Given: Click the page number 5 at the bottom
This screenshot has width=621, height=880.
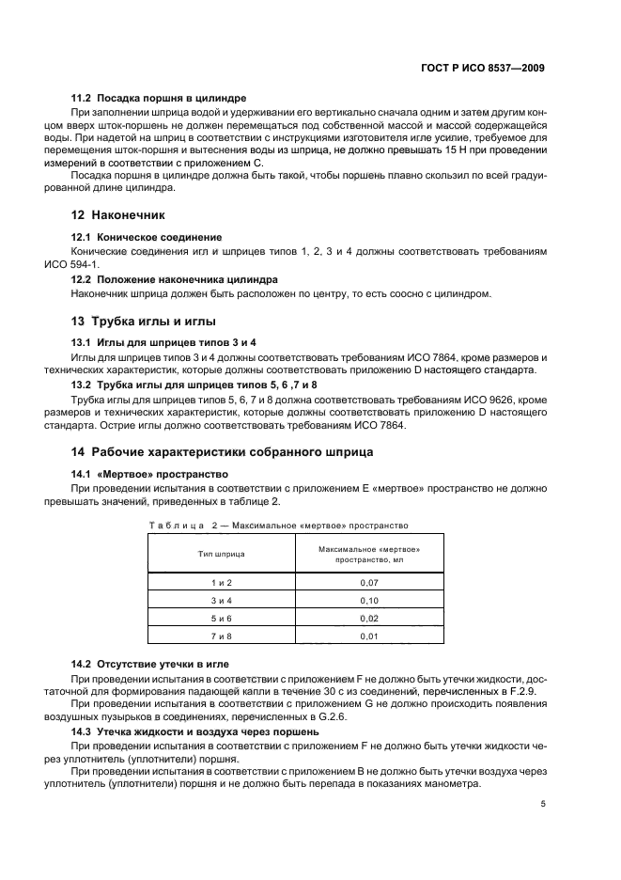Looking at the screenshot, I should click(x=543, y=804).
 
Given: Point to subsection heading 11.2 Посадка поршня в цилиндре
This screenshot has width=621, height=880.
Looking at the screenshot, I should click(x=159, y=98).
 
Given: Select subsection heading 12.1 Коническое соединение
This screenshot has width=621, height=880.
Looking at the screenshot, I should click(x=147, y=237).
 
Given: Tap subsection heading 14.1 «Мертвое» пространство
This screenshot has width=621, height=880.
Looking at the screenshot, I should click(x=150, y=473).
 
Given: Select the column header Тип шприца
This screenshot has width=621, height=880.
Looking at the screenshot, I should click(x=221, y=554).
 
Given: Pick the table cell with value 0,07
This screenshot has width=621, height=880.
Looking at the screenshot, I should click(x=368, y=583).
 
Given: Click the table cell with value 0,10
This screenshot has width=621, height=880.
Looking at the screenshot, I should click(x=368, y=601).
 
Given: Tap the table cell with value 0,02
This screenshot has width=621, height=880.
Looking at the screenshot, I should click(x=368, y=619).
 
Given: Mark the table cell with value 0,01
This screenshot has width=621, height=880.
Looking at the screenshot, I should click(x=368, y=636).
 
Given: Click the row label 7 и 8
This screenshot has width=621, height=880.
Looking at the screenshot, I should click(x=221, y=636).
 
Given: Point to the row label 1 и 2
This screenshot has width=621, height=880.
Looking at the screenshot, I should click(x=221, y=583).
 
